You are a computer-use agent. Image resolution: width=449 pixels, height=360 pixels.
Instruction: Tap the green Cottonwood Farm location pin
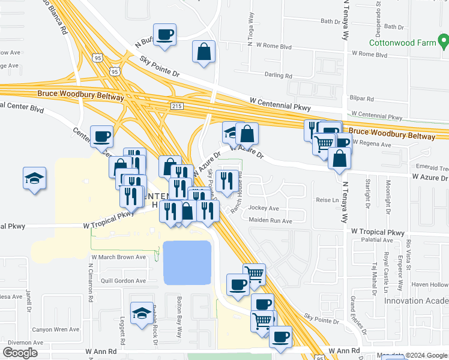click(444, 41)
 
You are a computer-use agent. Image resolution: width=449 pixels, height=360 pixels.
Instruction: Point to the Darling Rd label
click(278, 76)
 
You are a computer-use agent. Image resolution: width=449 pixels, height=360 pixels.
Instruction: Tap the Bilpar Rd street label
click(362, 98)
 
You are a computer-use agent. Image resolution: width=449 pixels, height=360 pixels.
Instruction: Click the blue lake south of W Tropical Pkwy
click(187, 262)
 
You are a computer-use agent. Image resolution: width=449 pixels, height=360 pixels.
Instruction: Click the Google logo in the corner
click(20, 352)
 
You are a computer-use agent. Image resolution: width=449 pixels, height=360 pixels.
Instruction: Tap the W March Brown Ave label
click(118, 257)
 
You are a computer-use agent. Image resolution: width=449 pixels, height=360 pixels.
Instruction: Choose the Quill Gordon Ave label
click(124, 281)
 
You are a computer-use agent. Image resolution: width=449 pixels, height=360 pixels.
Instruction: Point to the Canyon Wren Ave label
click(55, 329)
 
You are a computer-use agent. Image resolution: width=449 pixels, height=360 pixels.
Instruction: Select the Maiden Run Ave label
click(270, 221)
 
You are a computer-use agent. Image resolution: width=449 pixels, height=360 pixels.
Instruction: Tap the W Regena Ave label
click(372, 144)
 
